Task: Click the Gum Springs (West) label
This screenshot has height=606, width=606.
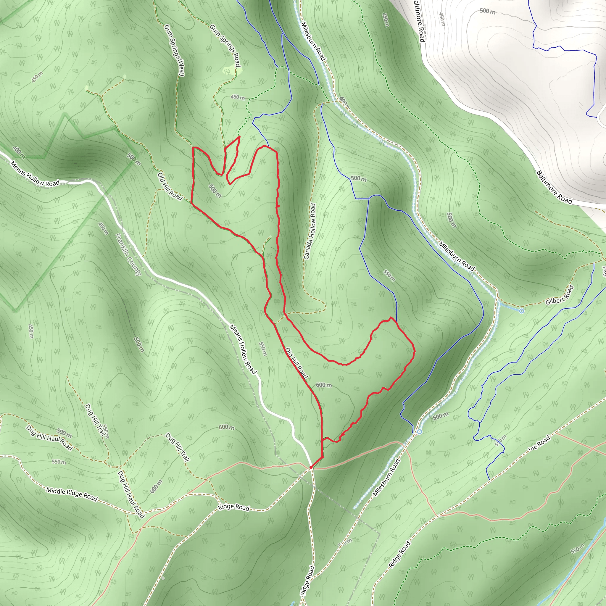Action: pyautogui.click(x=174, y=50)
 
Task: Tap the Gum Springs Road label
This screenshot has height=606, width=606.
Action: pyautogui.click(x=225, y=46)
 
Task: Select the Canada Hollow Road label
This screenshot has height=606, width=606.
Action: pyautogui.click(x=310, y=231)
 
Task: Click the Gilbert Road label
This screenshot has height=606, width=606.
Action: pyautogui.click(x=560, y=295)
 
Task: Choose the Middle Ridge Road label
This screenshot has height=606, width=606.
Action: pyautogui.click(x=72, y=494)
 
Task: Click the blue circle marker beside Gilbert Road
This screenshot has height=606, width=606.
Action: pyautogui.click(x=522, y=311)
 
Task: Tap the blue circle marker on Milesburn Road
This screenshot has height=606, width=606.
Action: pyautogui.click(x=419, y=432)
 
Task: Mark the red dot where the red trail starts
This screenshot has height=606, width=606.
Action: pyautogui.click(x=310, y=467)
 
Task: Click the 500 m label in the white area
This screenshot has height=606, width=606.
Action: pyautogui.click(x=488, y=11)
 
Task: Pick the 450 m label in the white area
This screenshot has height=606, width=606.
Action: pyautogui.click(x=442, y=20)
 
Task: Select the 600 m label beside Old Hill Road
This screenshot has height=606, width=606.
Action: pyautogui.click(x=324, y=385)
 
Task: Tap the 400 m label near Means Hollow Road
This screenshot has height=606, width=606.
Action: pyautogui.click(x=19, y=152)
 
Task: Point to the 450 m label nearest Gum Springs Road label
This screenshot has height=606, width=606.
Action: pyautogui.click(x=238, y=97)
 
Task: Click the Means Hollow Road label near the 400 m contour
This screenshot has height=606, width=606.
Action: pyautogui.click(x=35, y=174)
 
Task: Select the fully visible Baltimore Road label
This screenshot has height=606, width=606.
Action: pyautogui.click(x=554, y=187)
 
